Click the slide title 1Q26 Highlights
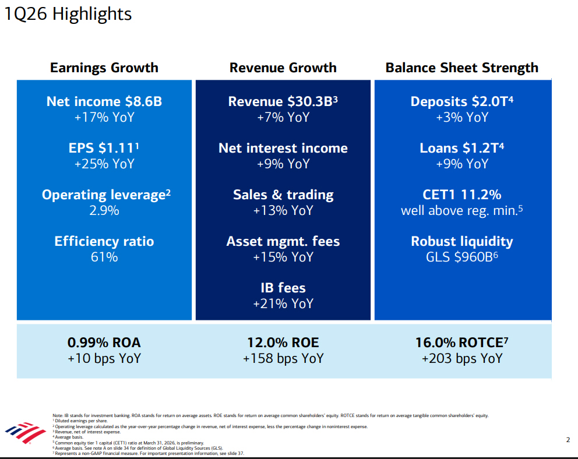click(x=68, y=14)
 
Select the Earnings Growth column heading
click(x=104, y=68)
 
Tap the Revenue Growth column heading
click(x=283, y=68)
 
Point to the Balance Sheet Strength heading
click(x=462, y=68)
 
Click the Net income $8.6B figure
click(x=104, y=101)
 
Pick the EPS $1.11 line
click(x=104, y=148)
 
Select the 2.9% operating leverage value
click(x=104, y=210)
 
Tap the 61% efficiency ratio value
click(x=104, y=257)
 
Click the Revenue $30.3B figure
click(x=283, y=101)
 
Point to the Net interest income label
click(x=283, y=148)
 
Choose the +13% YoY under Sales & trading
click(x=283, y=210)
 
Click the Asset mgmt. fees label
click(x=283, y=241)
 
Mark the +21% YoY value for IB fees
click(x=283, y=303)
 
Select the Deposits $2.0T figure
click(x=462, y=101)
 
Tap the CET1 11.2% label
click(x=462, y=195)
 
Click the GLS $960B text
click(x=462, y=257)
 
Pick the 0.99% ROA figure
click(x=104, y=343)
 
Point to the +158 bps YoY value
click(x=283, y=359)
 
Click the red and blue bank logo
click(x=25, y=432)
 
